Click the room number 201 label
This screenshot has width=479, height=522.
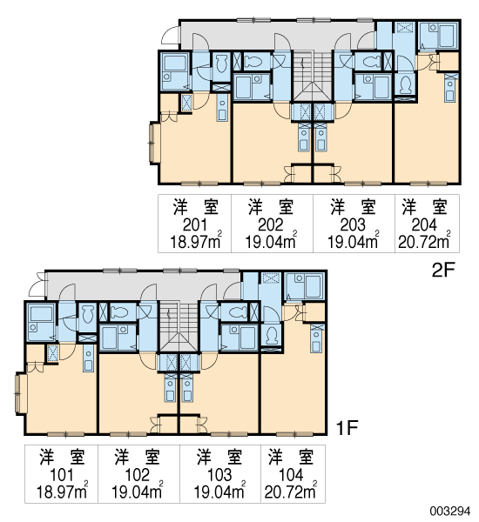(195, 225)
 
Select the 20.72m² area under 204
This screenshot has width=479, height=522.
(424, 241)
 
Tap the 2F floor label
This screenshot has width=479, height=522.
(443, 271)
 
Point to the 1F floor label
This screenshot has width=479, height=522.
(347, 427)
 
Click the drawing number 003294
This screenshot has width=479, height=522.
(450, 511)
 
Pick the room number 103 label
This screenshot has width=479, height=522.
(219, 475)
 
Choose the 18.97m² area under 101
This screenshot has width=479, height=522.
(63, 491)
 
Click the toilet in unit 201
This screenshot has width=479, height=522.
(220, 64)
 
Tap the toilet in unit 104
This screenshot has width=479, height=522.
(273, 335)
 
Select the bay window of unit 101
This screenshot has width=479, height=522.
(20, 394)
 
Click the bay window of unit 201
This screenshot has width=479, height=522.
(154, 143)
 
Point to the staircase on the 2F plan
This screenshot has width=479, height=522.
(313, 76)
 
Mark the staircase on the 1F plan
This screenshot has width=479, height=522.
(179, 326)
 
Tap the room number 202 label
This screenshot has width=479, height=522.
(270, 225)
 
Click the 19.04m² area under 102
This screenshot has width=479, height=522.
(138, 491)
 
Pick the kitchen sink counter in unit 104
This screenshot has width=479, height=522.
(316, 338)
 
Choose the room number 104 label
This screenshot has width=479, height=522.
(291, 475)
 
